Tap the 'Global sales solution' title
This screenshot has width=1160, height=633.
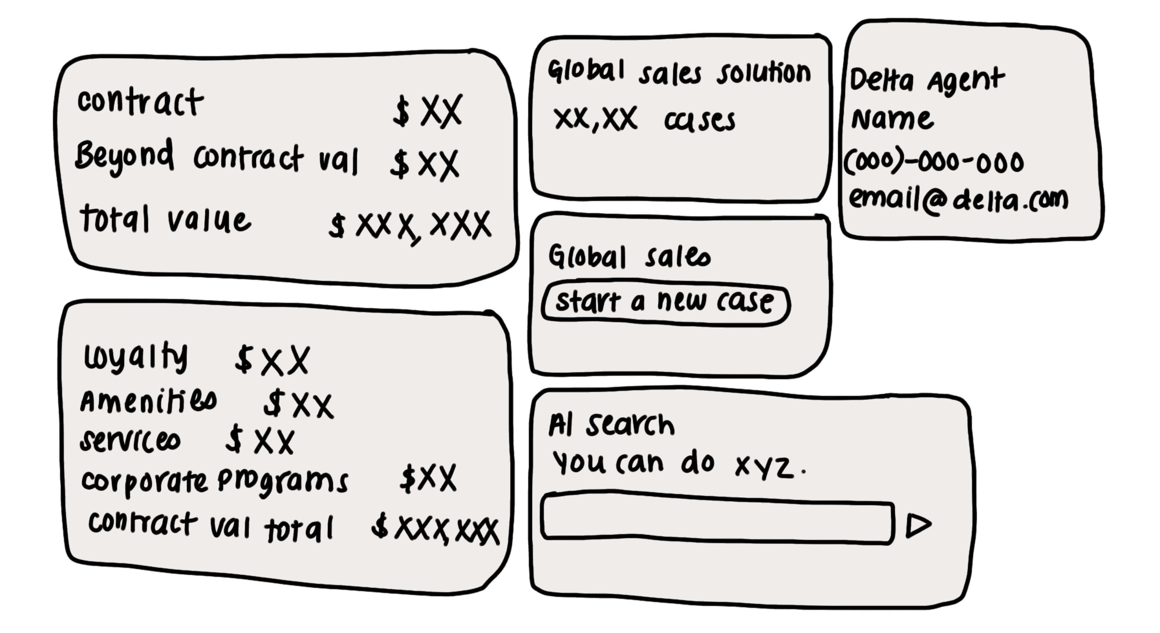tap(679, 73)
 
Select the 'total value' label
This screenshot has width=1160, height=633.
tap(165, 219)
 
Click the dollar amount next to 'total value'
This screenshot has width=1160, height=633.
tap(410, 225)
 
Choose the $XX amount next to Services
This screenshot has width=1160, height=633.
tap(260, 441)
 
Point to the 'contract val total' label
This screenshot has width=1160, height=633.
tap(210, 527)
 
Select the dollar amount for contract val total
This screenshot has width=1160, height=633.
tap(435, 529)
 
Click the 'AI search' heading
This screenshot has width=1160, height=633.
tap(611, 425)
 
